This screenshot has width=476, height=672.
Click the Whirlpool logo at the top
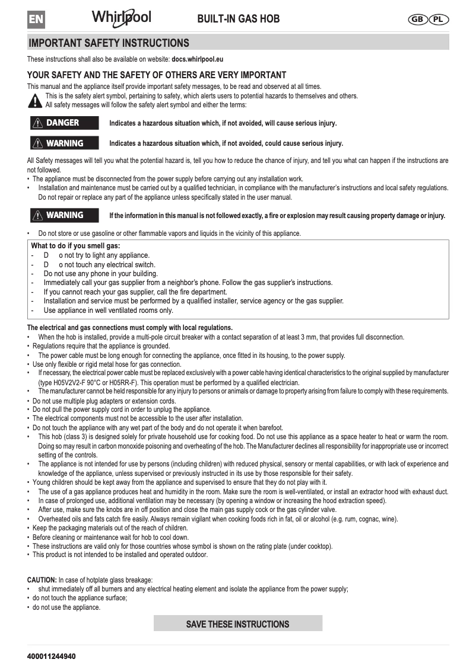coord(121,17)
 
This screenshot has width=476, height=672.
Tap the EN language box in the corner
coord(36,19)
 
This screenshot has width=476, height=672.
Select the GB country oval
coord(417,19)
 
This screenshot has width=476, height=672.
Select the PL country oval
coord(438,19)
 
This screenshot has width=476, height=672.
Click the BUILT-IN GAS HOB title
coord(238,19)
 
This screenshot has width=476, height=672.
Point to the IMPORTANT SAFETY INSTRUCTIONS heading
coord(109,43)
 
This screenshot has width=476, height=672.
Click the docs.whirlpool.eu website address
coord(197,59)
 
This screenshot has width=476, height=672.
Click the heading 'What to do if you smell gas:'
coord(75,246)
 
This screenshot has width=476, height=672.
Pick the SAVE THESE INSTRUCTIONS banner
coord(237,623)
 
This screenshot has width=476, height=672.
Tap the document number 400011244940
coord(51,657)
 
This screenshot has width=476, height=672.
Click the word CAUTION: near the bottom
coord(42,580)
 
